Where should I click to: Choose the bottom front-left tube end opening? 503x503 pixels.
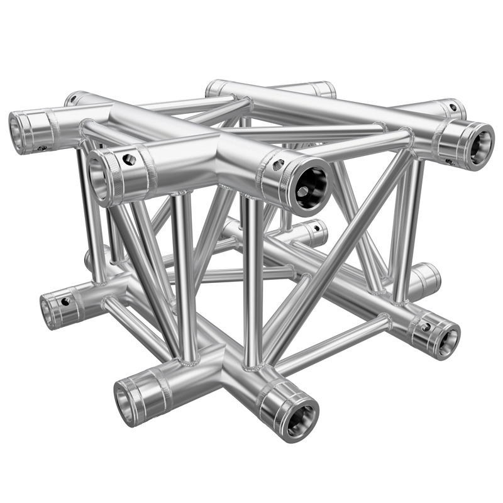pyautogui.click(x=124, y=401)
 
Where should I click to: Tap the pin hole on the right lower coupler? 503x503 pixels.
pyautogui.click(x=426, y=326)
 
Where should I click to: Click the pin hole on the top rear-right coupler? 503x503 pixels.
pyautogui.click(x=453, y=107)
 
